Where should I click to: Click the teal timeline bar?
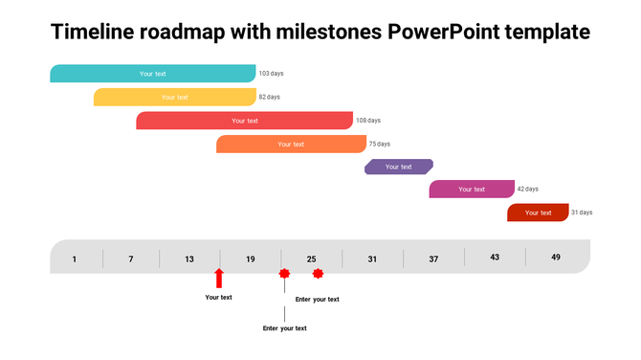(153, 74)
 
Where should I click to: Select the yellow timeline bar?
(175, 97)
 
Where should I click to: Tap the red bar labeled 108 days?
(245, 121)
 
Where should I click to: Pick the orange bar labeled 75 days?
(291, 144)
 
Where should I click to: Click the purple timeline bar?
(399, 167)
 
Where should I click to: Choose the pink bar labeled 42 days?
(472, 190)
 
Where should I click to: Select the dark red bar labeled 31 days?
(538, 213)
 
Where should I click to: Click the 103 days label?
(271, 74)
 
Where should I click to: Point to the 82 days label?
(270, 97)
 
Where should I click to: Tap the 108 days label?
(368, 121)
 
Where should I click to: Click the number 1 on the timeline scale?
(75, 259)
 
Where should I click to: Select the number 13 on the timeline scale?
(189, 259)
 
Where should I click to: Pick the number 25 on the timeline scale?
(311, 259)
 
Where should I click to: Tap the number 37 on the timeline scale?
(433, 259)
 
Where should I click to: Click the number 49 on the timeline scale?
(556, 258)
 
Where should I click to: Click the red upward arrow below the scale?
(219, 278)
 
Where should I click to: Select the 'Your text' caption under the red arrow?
(219, 298)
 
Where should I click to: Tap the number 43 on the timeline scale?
(495, 258)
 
